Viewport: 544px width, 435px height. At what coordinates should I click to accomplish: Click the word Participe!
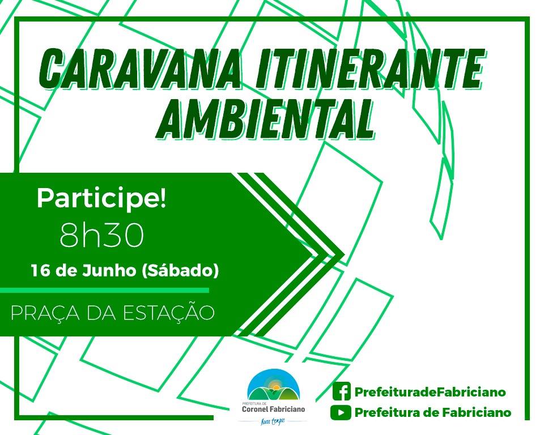click(x=101, y=199)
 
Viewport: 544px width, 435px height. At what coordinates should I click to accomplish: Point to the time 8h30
click(x=101, y=235)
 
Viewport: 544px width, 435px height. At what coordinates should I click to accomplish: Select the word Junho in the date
click(x=109, y=271)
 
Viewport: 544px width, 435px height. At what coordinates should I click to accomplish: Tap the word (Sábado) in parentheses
click(x=180, y=271)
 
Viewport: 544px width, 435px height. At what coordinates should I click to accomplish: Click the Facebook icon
click(x=341, y=391)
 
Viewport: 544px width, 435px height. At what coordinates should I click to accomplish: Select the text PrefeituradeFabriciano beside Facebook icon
click(x=430, y=392)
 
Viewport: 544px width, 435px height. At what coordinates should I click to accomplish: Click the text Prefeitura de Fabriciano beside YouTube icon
click(x=433, y=412)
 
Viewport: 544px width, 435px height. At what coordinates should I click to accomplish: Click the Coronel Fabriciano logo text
click(x=273, y=410)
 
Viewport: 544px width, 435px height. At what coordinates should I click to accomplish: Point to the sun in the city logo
click(x=276, y=386)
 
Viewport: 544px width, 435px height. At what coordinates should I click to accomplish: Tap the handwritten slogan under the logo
click(x=273, y=421)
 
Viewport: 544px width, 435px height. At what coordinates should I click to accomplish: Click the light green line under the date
click(x=104, y=290)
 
